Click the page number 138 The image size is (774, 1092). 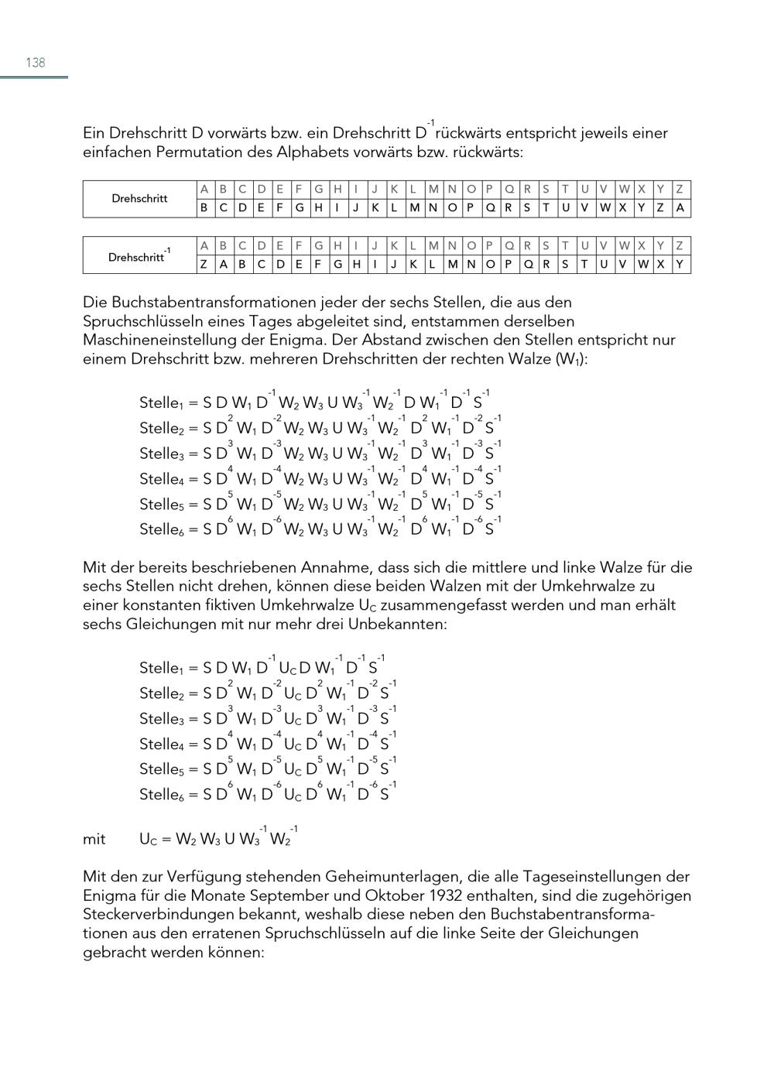click(x=36, y=63)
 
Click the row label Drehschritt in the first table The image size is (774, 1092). click(x=139, y=199)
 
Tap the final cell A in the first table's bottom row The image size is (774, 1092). click(x=680, y=207)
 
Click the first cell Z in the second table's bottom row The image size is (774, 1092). click(x=204, y=264)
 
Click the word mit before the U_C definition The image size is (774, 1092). click(x=94, y=839)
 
